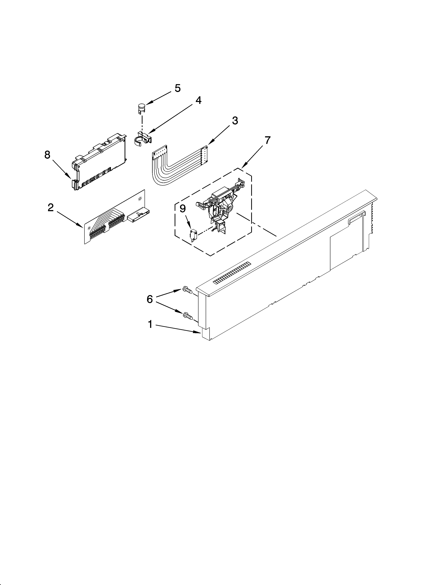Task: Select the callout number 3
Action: coord(235,120)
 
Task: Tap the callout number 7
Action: coord(267,140)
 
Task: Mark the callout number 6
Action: coord(150,299)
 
